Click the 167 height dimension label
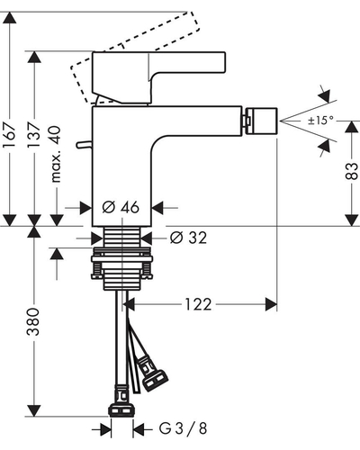(x=9, y=134)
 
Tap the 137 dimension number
(x=34, y=134)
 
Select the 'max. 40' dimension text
(x=56, y=154)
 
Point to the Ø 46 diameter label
(x=121, y=207)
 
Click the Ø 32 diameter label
(x=188, y=238)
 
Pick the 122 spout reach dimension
(x=198, y=304)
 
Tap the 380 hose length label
(x=33, y=321)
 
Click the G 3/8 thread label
(x=183, y=428)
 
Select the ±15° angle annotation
(x=320, y=121)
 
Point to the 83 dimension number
(x=352, y=171)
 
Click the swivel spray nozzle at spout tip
(x=261, y=121)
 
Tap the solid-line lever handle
(x=158, y=77)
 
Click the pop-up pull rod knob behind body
(x=84, y=145)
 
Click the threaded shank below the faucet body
(x=121, y=237)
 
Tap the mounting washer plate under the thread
(x=122, y=259)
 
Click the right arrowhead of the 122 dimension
(x=271, y=304)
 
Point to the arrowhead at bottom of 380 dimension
(x=34, y=410)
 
